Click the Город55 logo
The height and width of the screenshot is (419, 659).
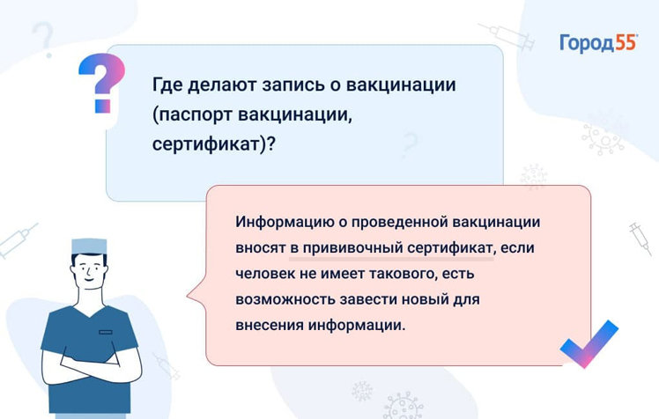[x=598, y=43]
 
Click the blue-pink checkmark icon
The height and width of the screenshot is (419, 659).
[x=589, y=344]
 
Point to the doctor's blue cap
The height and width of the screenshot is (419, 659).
[x=89, y=246]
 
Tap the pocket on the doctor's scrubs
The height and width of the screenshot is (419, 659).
[x=106, y=332]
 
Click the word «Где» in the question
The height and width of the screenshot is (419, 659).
[x=167, y=85]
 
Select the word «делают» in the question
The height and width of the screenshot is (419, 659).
[x=221, y=85]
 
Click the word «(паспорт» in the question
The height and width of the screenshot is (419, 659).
[x=192, y=115]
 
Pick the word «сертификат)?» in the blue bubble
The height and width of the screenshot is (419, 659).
[x=213, y=144]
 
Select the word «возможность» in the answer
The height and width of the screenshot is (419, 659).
[x=285, y=300]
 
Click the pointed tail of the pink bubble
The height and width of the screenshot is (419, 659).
[x=188, y=296]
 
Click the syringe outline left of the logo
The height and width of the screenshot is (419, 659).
[x=507, y=36]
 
